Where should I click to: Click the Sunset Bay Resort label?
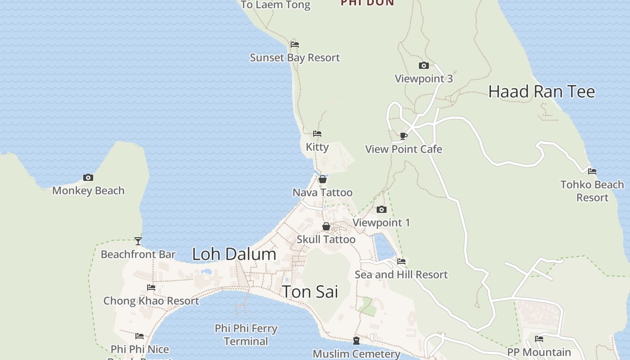pos(295,58)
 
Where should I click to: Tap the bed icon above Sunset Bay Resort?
pos(295,45)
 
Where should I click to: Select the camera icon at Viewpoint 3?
pos(423,66)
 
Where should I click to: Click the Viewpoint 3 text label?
pos(423,79)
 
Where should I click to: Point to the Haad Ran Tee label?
pos(541,92)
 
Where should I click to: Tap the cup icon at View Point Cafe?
pos(404,136)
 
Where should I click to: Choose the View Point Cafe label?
pos(404,149)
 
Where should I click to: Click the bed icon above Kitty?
pos(317,134)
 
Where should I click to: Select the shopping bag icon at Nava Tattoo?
pos(323,180)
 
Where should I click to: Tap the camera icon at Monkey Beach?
pos(88,178)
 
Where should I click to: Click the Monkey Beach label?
pos(88,191)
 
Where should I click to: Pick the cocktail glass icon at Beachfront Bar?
pos(138,241)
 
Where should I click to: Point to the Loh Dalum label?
pos(234,254)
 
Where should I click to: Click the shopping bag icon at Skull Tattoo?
pos(326,226)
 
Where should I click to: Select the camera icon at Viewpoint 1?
pos(381,210)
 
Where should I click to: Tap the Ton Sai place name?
pos(310,292)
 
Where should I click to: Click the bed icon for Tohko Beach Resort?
pos(592,171)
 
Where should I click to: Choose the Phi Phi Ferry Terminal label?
pos(246,335)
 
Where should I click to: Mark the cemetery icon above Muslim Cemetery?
pos(356,341)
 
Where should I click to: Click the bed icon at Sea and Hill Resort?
pos(401,261)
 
